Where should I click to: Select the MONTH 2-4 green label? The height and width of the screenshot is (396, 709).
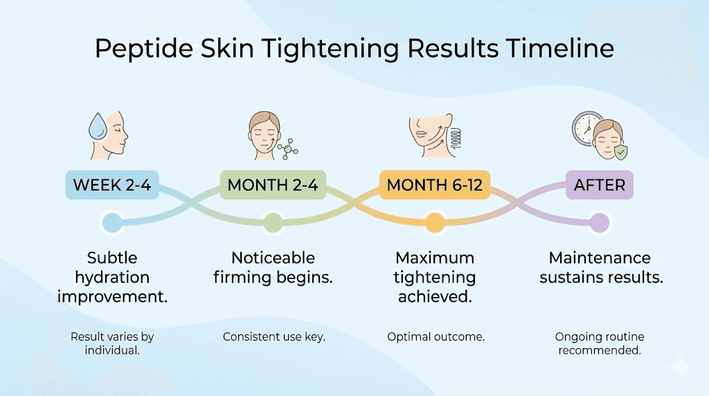273,186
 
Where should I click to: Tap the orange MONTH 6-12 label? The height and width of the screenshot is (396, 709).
434,186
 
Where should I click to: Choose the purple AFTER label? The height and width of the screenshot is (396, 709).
599,186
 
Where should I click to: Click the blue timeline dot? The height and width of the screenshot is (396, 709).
111,223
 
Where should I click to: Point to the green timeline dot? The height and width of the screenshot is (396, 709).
273,223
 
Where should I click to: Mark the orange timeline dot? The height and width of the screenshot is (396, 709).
434,223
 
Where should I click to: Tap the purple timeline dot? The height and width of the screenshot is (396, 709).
600,223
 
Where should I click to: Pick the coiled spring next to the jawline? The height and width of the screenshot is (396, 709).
455,136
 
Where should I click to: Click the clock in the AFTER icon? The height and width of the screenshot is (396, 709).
586,127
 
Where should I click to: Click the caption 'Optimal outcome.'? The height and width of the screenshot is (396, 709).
435,337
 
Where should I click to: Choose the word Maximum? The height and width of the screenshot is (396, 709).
435,258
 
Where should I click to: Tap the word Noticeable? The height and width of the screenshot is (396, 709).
273,258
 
